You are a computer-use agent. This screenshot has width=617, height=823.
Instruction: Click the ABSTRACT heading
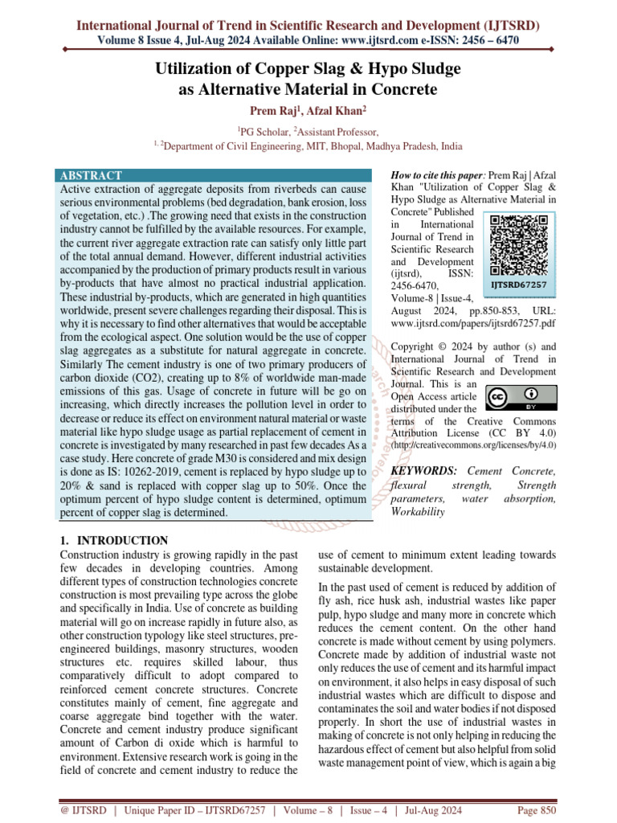[x=90, y=175]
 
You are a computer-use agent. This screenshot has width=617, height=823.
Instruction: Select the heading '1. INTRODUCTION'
[x=115, y=540]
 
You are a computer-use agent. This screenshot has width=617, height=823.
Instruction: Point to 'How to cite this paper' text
[x=436, y=176]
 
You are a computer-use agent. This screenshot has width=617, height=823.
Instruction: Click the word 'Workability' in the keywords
[x=417, y=512]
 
